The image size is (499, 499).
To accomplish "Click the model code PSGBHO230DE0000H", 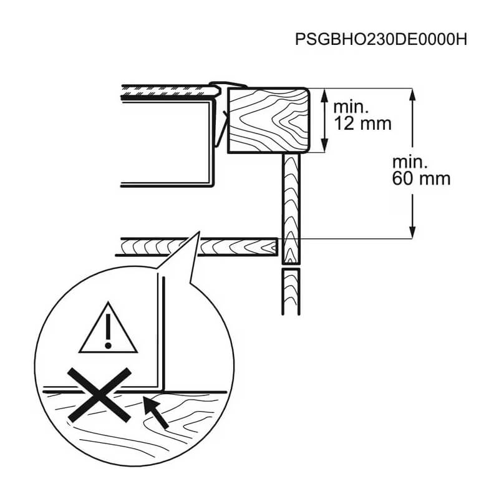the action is (x=381, y=39).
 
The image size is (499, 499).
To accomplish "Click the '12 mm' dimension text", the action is (x=362, y=124).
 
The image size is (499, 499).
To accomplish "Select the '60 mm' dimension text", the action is (x=421, y=178).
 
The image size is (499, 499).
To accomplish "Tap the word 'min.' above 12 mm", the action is (x=351, y=107).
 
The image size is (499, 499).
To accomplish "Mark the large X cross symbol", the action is (x=99, y=395).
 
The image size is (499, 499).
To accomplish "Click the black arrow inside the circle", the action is (x=155, y=412).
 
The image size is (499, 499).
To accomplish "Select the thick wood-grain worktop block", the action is (x=268, y=120).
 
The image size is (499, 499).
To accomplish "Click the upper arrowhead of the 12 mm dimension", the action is (x=324, y=95).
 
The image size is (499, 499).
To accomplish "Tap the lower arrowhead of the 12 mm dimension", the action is (x=324, y=146).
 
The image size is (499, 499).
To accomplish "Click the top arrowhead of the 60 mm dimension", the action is (x=412, y=95).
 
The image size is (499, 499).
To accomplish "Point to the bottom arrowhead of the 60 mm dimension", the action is (x=412, y=231).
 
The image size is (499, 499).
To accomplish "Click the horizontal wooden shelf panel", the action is (x=196, y=246).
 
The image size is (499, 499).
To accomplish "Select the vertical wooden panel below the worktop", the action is (x=291, y=208).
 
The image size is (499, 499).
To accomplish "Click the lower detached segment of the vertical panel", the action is (x=291, y=291).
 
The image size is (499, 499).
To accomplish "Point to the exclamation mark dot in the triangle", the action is (x=108, y=345).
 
